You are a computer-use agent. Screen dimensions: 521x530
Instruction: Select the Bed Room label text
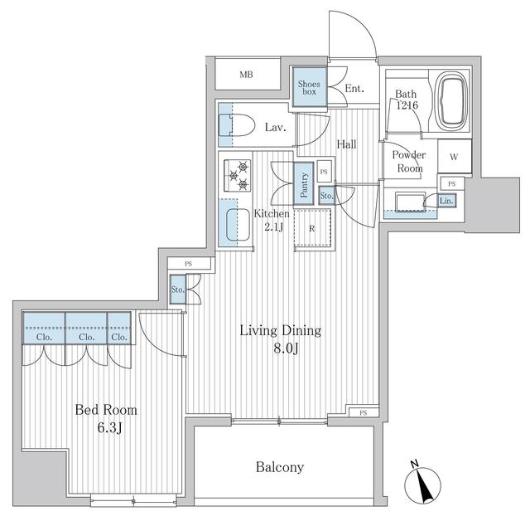tap(106, 410)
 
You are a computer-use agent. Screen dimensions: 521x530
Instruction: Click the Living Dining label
tap(280, 330)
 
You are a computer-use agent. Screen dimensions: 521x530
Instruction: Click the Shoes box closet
tap(309, 85)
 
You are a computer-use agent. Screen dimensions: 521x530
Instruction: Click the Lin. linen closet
tap(446, 200)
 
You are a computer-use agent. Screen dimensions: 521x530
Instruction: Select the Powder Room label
tap(408, 162)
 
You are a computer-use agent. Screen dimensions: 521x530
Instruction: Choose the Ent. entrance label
tap(354, 89)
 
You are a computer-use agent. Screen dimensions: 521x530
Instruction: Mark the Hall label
tap(346, 144)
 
